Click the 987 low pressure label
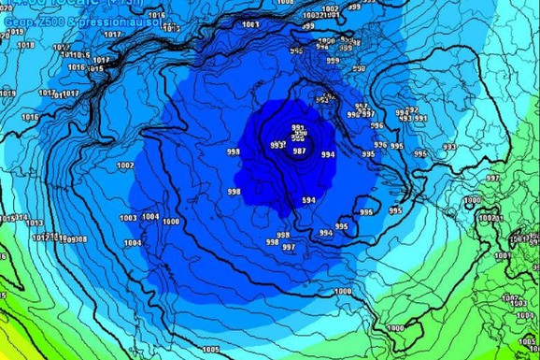click(299, 151)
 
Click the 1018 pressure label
click(26, 45)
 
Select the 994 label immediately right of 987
click(328, 154)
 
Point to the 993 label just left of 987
click(277, 146)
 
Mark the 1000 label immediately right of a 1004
click(170, 222)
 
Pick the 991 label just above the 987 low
click(299, 129)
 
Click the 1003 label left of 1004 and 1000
click(129, 218)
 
